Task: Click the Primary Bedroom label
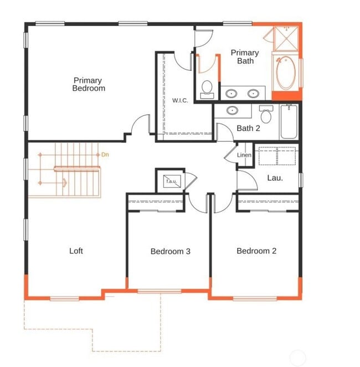[x=89, y=84]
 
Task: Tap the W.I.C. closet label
[x=179, y=100]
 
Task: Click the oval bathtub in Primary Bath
[x=286, y=73]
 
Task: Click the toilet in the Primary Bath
[x=207, y=89]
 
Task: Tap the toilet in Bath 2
[x=266, y=115]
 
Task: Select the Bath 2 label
[x=248, y=128]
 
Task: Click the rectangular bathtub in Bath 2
[x=289, y=122]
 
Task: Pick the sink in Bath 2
[x=232, y=110]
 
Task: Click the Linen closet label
[x=244, y=155]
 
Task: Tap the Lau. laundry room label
[x=275, y=178]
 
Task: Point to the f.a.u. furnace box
[x=169, y=180]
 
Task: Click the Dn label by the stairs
[x=105, y=155]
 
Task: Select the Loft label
[x=76, y=251]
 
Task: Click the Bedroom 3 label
[x=170, y=251]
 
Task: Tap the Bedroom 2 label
[x=256, y=251]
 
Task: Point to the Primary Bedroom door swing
[x=141, y=125]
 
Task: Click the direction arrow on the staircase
[x=64, y=182]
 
